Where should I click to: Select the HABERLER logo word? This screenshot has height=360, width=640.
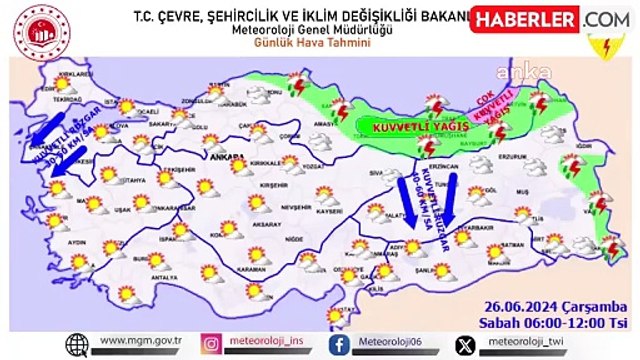(x=522, y=19)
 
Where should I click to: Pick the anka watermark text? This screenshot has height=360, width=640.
(x=529, y=71)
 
